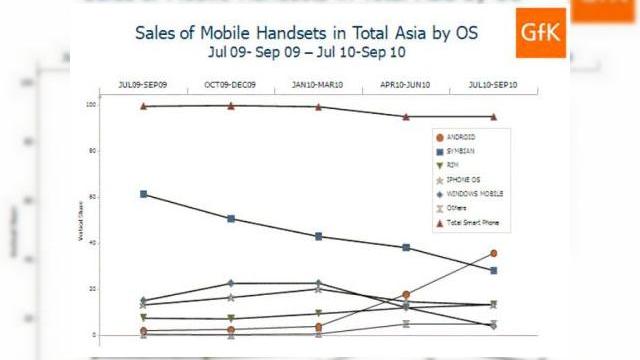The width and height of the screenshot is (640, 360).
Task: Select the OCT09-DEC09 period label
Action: pos(231,84)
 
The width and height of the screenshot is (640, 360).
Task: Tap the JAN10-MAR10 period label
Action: pos(318,84)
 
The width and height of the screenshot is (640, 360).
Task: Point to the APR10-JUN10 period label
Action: pos(406,84)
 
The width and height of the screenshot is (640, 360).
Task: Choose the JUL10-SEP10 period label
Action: pos(493,84)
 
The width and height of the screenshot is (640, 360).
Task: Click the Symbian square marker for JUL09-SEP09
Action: pos(144,194)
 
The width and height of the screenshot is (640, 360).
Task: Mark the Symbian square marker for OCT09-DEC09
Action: pos(231,219)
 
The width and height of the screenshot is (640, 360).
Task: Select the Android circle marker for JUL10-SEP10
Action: pos(493,254)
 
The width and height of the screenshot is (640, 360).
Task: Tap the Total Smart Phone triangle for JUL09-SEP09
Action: pos(144,106)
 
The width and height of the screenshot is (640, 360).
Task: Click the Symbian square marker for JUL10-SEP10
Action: pos(493,271)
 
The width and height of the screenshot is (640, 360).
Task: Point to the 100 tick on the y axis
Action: pos(119,104)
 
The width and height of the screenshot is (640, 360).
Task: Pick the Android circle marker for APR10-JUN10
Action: pos(406,295)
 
